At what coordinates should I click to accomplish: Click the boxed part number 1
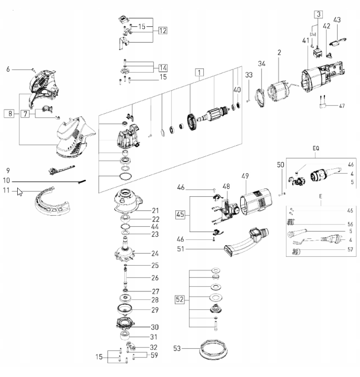coord(199,72)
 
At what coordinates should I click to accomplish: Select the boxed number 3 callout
coord(319,14)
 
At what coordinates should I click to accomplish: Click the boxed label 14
coord(163,68)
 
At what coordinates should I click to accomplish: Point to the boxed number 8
coord(10,114)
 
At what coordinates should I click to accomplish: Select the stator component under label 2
coord(280,96)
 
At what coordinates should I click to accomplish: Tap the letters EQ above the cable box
coord(316,148)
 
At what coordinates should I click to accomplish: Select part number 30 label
coord(155,327)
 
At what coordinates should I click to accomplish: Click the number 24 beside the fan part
coord(155,253)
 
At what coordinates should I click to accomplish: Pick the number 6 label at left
coord(8,69)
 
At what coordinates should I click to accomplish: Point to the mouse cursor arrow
coord(19,192)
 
